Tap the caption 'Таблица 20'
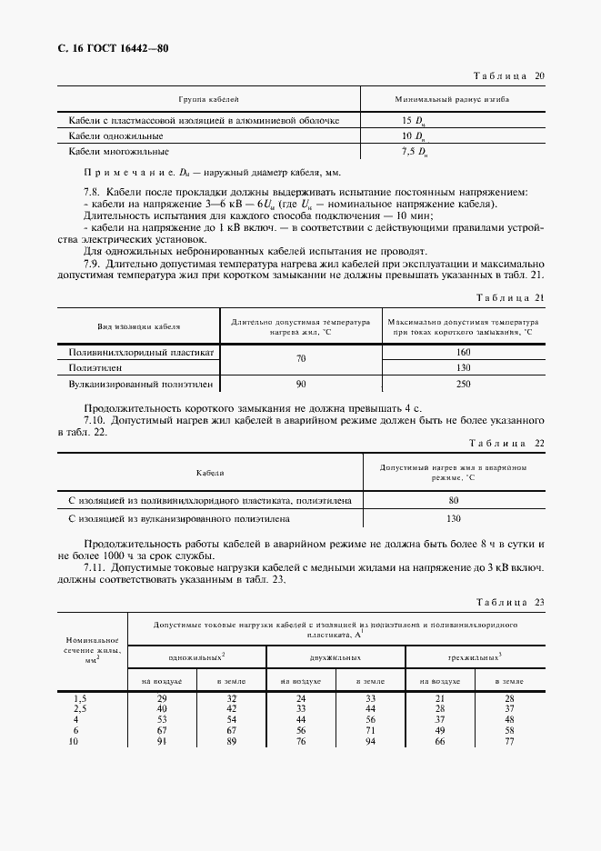(x=505, y=76)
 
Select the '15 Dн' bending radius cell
(x=414, y=120)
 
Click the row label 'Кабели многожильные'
(x=119, y=151)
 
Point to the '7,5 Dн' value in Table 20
(x=414, y=151)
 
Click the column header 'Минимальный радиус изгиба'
(x=451, y=97)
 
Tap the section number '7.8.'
(x=92, y=193)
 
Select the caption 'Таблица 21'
(x=505, y=298)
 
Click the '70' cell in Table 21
(x=300, y=359)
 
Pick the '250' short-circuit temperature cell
(x=463, y=385)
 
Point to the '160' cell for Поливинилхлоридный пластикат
(x=463, y=351)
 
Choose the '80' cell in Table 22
(x=454, y=499)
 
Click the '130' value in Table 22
(x=454, y=518)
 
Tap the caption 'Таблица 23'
(x=505, y=602)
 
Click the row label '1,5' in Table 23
(x=80, y=696)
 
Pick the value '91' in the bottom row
(x=162, y=741)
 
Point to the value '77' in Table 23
(x=510, y=741)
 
